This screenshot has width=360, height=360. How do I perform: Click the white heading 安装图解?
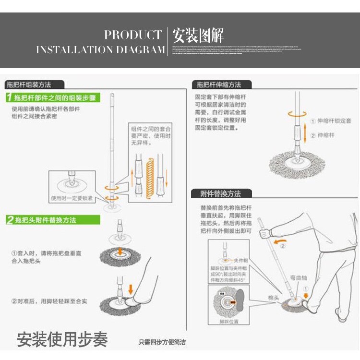198,36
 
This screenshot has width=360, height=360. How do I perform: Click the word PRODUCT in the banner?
133,35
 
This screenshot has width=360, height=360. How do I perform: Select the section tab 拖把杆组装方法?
28,84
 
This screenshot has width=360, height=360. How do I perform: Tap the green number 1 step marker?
9,98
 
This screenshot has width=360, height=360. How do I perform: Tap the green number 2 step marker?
9,220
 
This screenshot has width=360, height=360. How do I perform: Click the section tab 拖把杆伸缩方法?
218,84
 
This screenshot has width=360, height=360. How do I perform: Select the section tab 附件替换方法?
221,194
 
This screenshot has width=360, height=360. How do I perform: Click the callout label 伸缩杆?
326,135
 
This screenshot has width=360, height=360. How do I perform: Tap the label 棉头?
274,298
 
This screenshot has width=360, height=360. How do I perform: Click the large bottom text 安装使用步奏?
62,339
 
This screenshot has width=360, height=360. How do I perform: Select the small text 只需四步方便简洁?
162,342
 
